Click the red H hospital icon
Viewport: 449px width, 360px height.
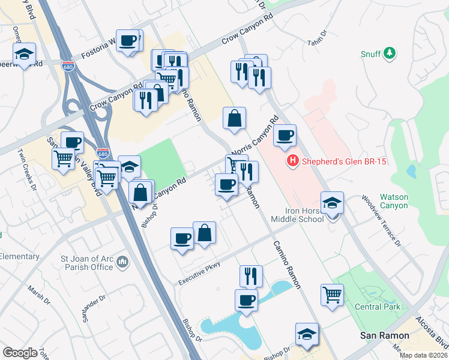[x=293, y=160]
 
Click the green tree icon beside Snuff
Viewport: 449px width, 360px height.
[x=390, y=53]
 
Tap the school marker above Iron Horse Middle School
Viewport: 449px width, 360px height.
[x=332, y=204]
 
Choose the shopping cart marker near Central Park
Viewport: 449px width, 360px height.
[x=333, y=295]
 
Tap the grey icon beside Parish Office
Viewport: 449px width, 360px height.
[x=122, y=261]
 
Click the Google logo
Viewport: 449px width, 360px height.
[x=20, y=353]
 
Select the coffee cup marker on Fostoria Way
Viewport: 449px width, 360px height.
[x=128, y=41]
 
